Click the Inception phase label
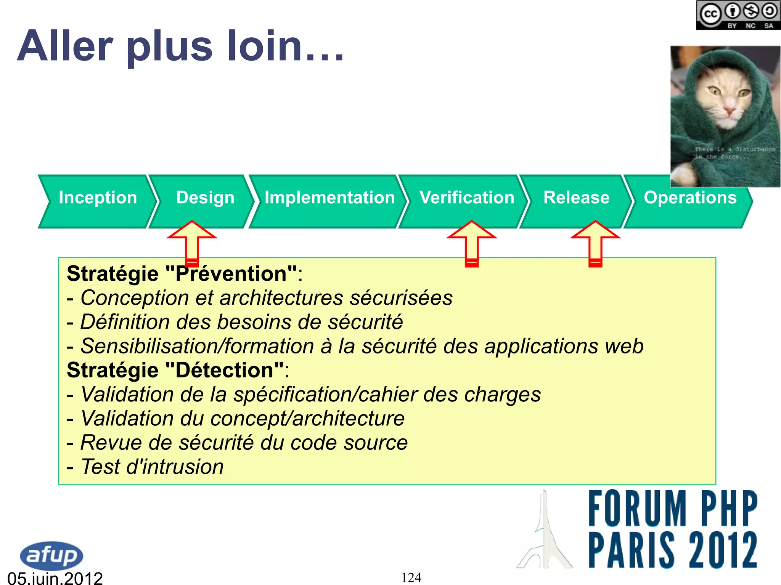coord(98,198)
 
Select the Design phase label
coord(205,198)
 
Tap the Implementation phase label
coord(329,198)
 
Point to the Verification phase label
coord(467,198)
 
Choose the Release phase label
coord(576,198)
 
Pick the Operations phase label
coord(690,198)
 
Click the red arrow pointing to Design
coord(192,242)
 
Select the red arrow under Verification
coord(472,242)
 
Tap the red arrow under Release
coord(595,242)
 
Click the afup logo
coord(51,555)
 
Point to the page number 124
coord(411,577)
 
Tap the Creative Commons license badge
coord(738,15)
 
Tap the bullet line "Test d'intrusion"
coord(152,467)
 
